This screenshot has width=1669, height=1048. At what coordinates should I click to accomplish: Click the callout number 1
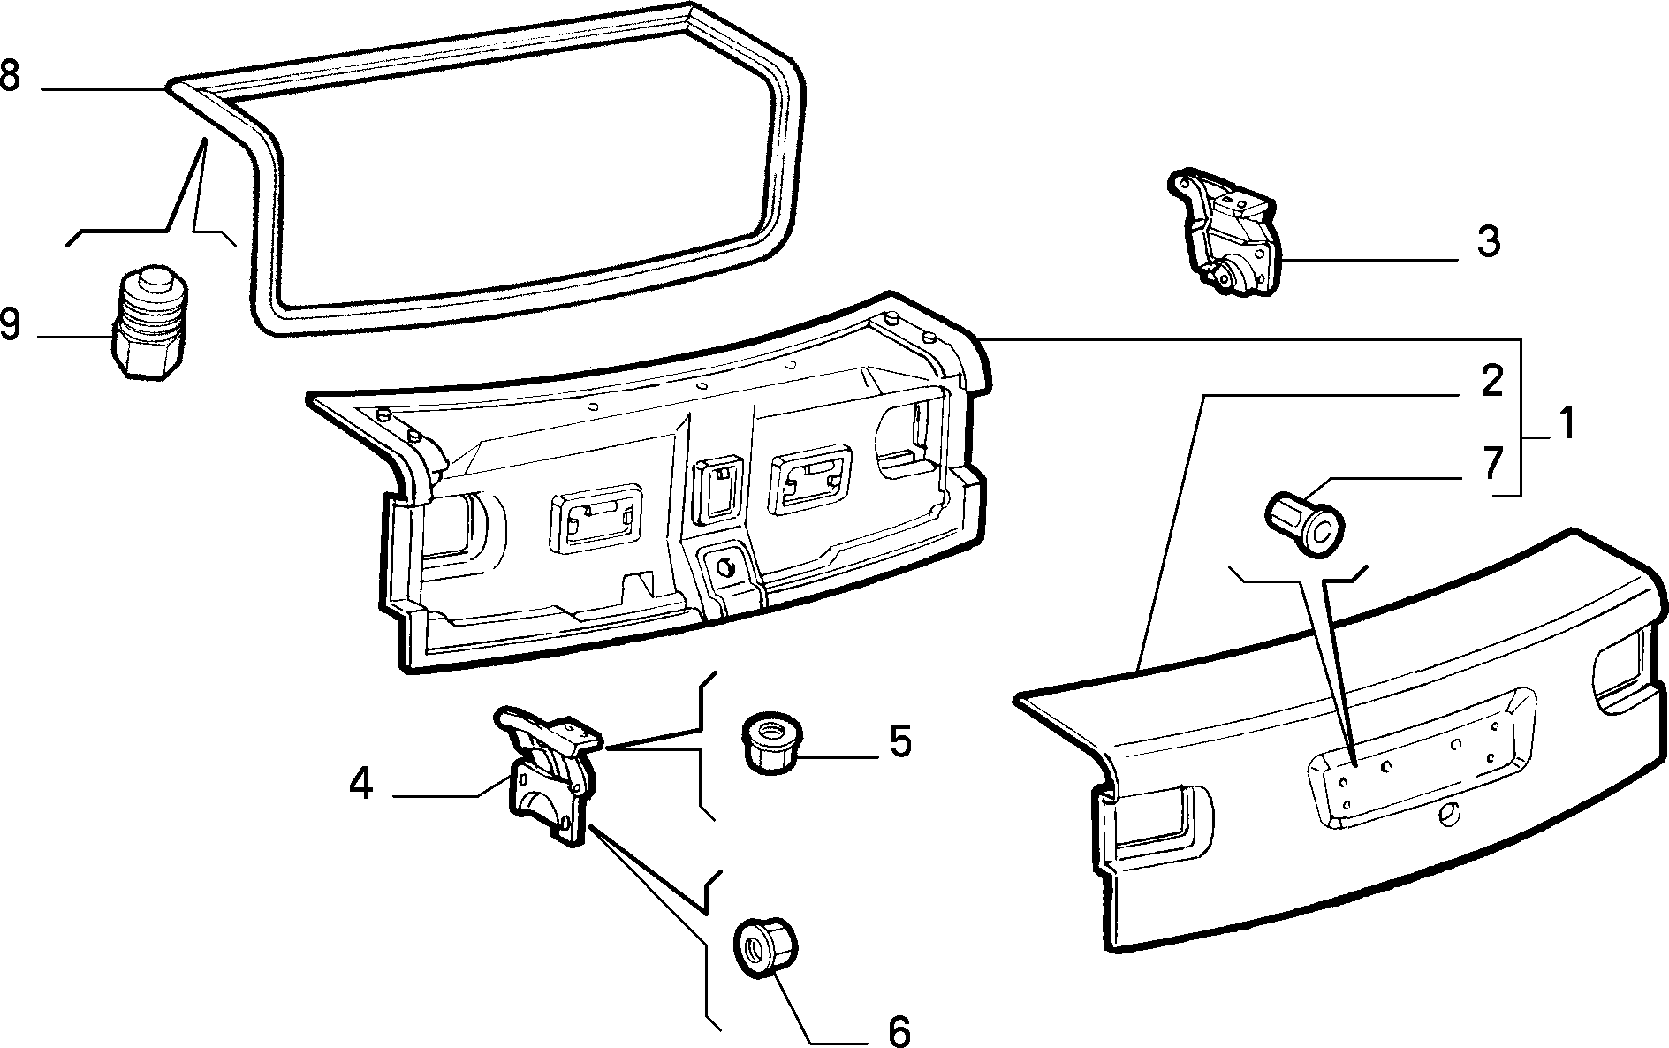tap(1566, 425)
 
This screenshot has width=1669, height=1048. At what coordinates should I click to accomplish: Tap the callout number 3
tap(1489, 241)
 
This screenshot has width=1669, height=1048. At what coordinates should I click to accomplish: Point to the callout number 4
tap(360, 784)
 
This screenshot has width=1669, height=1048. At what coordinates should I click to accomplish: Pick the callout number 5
tap(899, 741)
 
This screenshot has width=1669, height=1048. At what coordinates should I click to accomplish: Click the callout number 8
tap(10, 75)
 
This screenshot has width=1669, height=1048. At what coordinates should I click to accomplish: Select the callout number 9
tap(10, 324)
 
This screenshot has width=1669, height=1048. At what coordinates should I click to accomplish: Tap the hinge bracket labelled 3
tap(1224, 232)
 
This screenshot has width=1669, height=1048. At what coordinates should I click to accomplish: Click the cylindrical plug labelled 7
tap(1306, 520)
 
